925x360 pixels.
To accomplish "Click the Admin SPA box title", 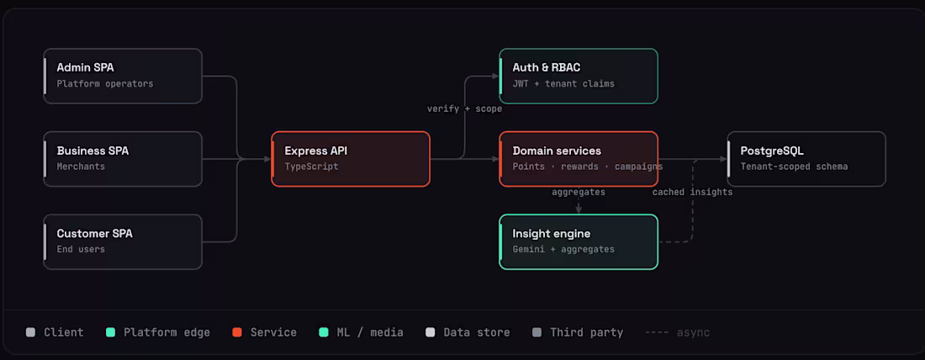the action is pos(85,68).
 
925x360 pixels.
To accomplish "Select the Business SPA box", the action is pos(123,159).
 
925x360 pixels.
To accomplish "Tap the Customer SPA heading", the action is pos(94,234).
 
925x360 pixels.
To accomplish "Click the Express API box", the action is pos(351,159).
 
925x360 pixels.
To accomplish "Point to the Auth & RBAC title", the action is pos(547,68).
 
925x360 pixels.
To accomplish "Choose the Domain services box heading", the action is pos(557,151).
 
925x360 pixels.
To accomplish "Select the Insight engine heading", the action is pos(551,234).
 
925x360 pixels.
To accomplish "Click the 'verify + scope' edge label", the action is pos(465,109).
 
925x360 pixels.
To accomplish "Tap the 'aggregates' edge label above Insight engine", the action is pos(579,192).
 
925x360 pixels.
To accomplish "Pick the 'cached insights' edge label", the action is pos(693,192).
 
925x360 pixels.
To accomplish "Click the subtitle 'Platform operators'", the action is pos(105,84).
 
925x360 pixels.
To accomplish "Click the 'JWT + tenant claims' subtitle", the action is pos(563,84).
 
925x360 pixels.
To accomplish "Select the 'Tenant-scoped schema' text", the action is pos(794,167).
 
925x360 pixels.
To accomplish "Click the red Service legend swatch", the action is pos(237,332).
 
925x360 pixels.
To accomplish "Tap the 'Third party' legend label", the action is pos(586,332).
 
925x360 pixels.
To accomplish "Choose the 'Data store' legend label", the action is pos(477,332).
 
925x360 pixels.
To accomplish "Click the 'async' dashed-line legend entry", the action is pos(677,333).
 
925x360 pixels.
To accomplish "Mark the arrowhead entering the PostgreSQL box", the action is pos(723,159).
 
